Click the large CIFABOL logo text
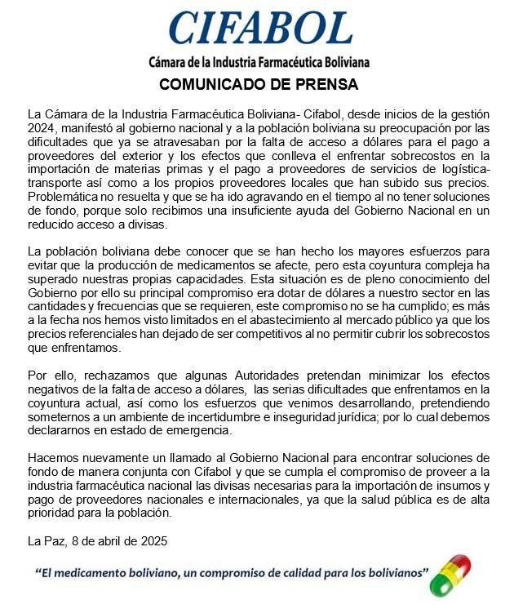point(260,28)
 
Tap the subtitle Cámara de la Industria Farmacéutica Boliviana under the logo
point(259,62)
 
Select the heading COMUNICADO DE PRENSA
point(259,85)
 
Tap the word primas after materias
point(172,171)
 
